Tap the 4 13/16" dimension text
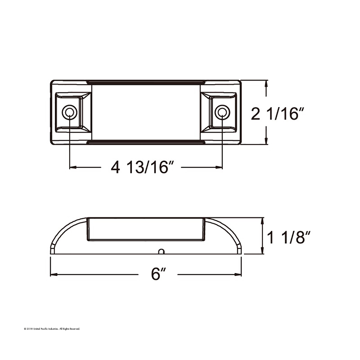[x=143, y=167]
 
